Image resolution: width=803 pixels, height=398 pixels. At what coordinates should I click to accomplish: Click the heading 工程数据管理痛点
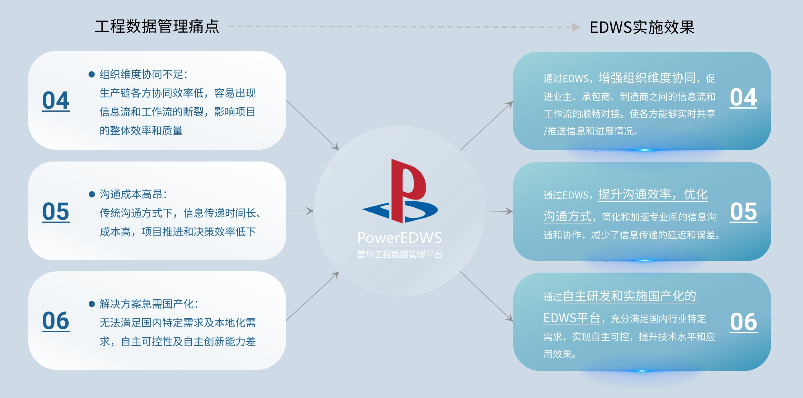pos(157,26)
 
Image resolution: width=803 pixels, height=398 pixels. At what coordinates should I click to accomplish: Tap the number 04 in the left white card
pos(56,101)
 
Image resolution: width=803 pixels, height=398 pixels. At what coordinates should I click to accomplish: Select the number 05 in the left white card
pos(56,211)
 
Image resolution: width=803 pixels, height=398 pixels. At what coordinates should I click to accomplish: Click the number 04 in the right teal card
pos(743,97)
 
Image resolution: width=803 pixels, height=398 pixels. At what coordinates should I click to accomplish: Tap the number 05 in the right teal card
pos(743,211)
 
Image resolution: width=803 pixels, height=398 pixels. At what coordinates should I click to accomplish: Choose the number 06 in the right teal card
pos(743,322)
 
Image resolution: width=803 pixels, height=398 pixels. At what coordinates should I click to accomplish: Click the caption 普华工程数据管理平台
pos(399,255)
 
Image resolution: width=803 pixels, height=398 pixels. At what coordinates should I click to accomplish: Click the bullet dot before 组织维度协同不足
pos(92,74)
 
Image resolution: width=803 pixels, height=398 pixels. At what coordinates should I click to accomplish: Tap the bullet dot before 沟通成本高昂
pos(92,194)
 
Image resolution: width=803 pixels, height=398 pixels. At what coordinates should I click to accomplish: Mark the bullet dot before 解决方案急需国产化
pos(92,304)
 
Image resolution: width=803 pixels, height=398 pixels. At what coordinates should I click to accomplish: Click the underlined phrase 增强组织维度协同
pos(647,77)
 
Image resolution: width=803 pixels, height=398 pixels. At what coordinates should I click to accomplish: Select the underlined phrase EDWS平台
pos(572,318)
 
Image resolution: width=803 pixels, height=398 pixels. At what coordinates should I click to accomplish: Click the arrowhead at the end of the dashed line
pos(577,27)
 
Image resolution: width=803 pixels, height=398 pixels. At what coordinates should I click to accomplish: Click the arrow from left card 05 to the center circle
pos(300,211)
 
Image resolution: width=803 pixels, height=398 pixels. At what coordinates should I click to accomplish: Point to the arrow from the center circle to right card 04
pos(487,126)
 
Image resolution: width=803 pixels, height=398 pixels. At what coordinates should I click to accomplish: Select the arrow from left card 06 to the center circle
pos(312,296)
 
